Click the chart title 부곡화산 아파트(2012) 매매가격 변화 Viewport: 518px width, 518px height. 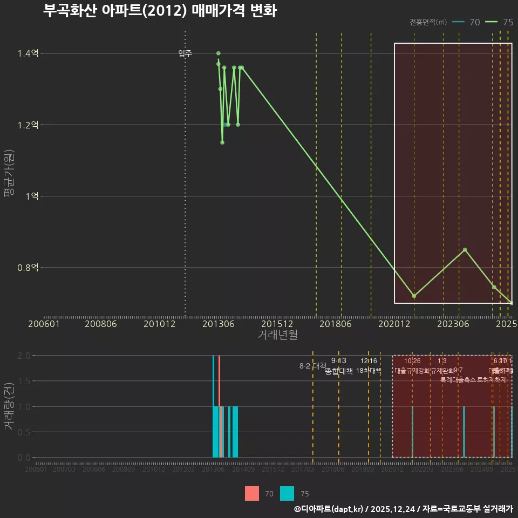tap(160, 11)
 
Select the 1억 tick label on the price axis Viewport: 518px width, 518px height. tap(32, 196)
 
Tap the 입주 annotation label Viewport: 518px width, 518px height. tap(185, 53)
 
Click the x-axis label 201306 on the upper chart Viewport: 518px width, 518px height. tap(218, 324)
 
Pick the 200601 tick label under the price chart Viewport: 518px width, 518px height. tap(44, 324)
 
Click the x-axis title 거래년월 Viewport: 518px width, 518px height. tap(277, 335)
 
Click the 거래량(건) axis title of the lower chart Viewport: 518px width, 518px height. tap(9, 406)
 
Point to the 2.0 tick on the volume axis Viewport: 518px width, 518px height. tap(23, 356)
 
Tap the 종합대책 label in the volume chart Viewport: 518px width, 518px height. tap(339, 371)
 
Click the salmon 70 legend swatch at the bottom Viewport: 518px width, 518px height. tap(252, 494)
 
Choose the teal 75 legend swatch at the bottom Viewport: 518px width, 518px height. tap(288, 494)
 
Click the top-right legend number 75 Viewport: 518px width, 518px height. tap(508, 22)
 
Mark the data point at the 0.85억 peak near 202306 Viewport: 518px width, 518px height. tap(465, 250)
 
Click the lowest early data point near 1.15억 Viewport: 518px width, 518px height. tap(222, 142)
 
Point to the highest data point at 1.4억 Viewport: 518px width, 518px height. tap(219, 53)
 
